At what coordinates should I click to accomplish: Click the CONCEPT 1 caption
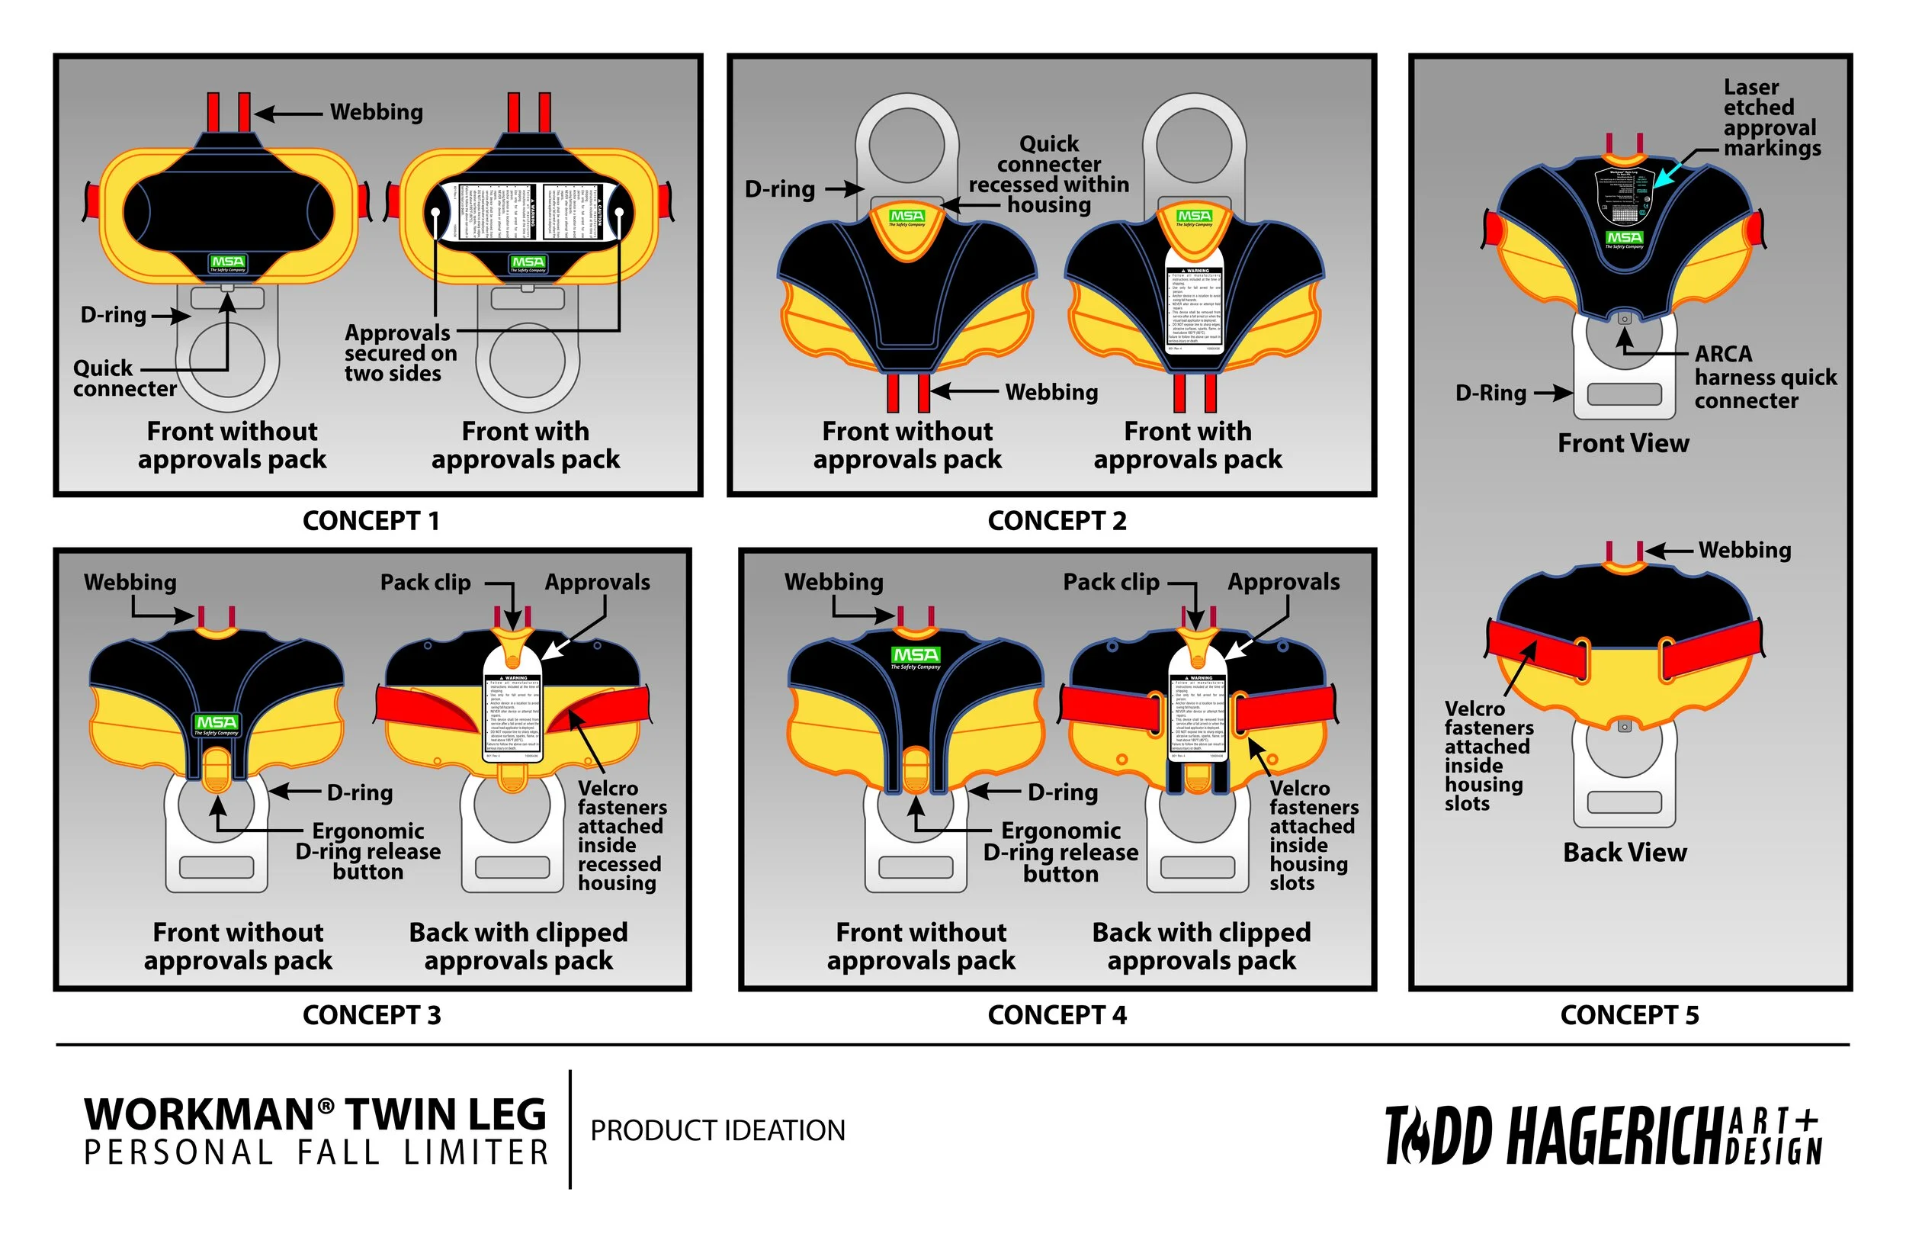371,521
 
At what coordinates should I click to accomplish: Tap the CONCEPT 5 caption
1629,1015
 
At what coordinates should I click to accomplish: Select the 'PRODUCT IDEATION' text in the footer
717,1130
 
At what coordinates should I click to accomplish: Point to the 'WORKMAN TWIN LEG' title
316,1114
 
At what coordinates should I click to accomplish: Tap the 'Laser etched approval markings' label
1772,117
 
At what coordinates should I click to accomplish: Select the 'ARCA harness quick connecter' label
1765,377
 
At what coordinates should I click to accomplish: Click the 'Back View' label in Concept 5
1625,853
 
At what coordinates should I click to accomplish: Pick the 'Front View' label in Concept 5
1623,443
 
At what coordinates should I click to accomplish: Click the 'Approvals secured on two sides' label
400,353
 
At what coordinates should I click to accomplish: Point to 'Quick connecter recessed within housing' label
1048,175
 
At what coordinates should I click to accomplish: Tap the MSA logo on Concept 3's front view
217,724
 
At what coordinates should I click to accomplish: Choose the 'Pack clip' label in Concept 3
425,583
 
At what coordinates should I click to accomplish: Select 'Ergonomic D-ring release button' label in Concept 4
1060,852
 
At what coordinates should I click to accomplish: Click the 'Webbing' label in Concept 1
377,112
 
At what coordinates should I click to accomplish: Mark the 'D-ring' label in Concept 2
779,189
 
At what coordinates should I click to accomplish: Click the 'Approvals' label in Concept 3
598,583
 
